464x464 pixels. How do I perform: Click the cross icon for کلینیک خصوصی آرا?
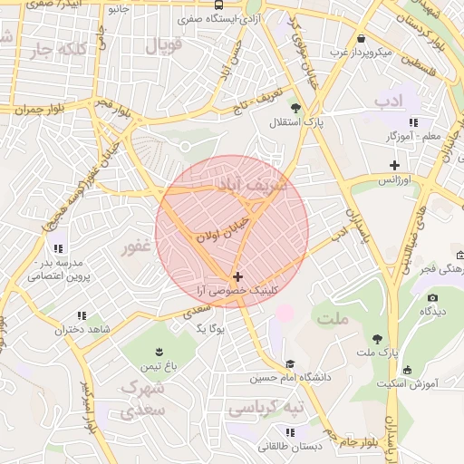pos(237,276)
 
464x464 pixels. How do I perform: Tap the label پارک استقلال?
pos(299,121)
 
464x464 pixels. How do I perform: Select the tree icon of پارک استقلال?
pos(272,121)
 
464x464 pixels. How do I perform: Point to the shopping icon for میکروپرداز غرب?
pos(362,39)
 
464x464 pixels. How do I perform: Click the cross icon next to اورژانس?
pos(393,165)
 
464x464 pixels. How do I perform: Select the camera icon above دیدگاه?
pos(432,297)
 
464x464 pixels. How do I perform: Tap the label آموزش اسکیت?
pos(430,383)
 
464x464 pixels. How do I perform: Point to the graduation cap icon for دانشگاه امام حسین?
pos(290,363)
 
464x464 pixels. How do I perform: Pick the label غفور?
pos(137,246)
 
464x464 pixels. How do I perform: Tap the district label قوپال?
pos(163,43)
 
